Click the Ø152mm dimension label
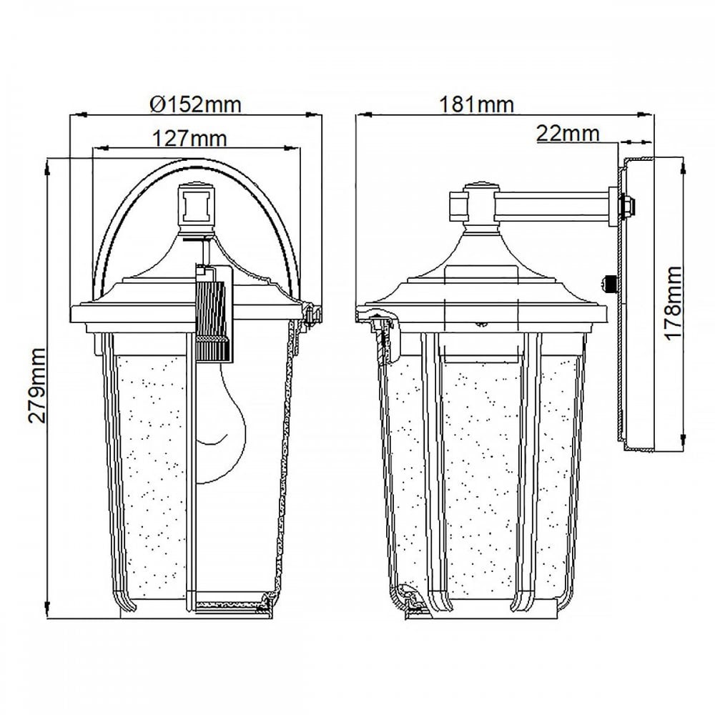(196, 104)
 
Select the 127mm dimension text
(189, 138)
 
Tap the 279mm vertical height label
(37, 385)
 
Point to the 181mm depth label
(476, 104)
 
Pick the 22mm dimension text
(568, 133)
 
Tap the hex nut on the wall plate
(627, 206)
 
